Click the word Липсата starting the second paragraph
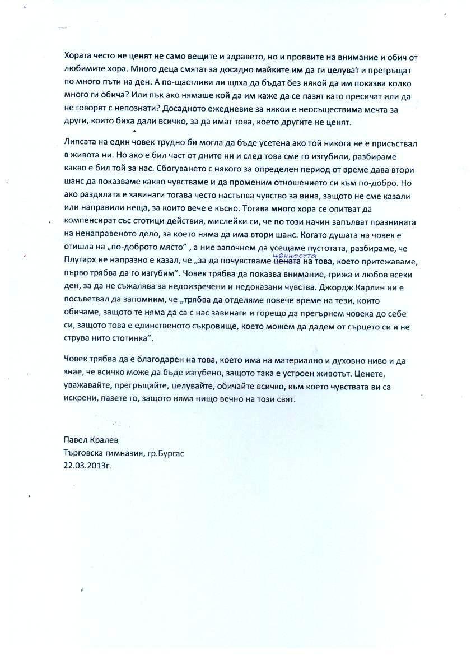[80, 143]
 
